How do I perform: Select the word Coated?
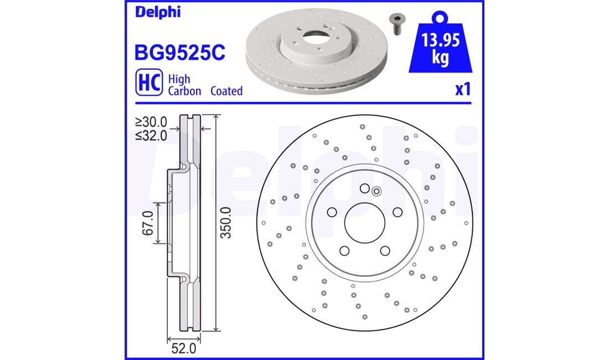coord(226,91)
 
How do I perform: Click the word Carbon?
coord(184,91)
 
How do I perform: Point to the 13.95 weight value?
coord(440,40)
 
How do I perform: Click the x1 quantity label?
coord(462,89)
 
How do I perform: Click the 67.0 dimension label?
coord(148,223)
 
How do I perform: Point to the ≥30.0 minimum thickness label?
coord(151,121)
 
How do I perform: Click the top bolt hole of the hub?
coord(364,188)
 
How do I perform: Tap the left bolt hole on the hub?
coord(332,212)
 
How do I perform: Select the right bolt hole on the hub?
coord(397,212)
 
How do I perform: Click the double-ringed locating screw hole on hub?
coord(376,192)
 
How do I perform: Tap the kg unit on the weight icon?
coord(441,58)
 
